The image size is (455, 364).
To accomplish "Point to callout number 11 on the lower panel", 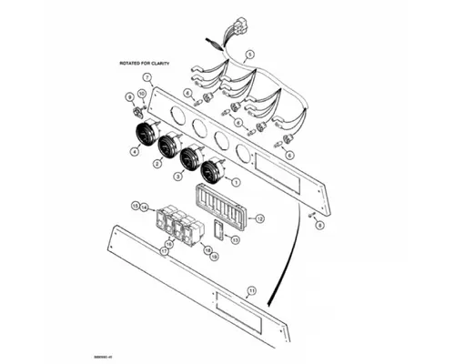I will coord(251,291).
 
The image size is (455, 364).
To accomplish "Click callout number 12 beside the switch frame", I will coord(259,219).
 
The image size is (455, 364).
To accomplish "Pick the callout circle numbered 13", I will coord(235,239).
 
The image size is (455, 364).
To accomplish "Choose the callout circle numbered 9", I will coord(129,96).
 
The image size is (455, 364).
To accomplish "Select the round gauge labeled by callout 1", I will coord(215,167).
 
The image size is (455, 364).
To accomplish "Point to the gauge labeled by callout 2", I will coord(168,145).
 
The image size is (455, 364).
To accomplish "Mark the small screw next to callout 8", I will coord(310,215).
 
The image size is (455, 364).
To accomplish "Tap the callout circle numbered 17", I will coord(165,250).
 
